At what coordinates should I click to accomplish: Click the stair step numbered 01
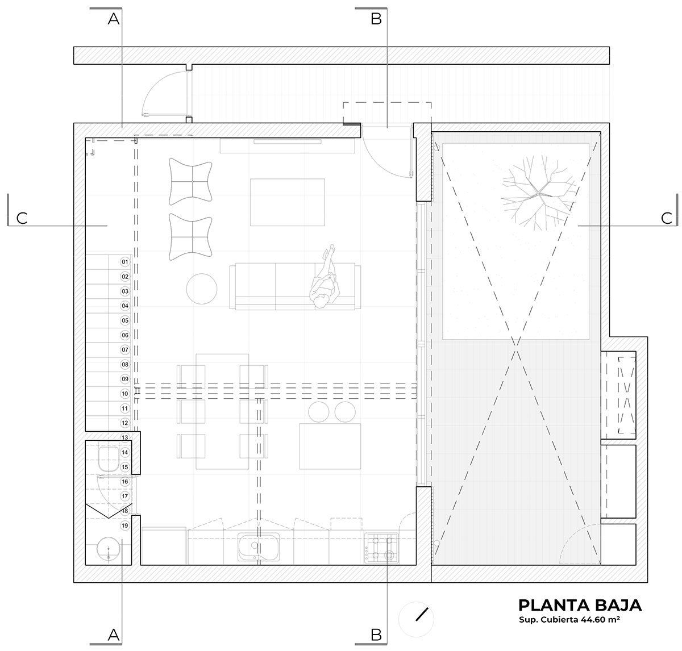click(125, 262)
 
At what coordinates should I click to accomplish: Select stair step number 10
click(125, 394)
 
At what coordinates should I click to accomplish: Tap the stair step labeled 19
click(125, 525)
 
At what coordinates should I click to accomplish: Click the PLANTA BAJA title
click(580, 605)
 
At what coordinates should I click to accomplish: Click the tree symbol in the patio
click(539, 193)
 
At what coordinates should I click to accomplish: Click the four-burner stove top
click(382, 548)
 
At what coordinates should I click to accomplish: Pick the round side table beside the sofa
click(202, 289)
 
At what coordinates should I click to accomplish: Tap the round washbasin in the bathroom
click(109, 550)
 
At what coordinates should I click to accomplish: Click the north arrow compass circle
click(416, 619)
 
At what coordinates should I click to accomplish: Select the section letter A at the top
click(114, 19)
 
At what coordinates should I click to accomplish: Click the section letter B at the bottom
click(376, 635)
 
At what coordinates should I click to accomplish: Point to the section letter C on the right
click(667, 218)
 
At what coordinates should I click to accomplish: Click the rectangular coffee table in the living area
click(288, 202)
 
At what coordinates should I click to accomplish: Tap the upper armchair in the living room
click(191, 181)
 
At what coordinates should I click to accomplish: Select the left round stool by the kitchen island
click(319, 411)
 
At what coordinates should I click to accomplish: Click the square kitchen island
click(330, 446)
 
